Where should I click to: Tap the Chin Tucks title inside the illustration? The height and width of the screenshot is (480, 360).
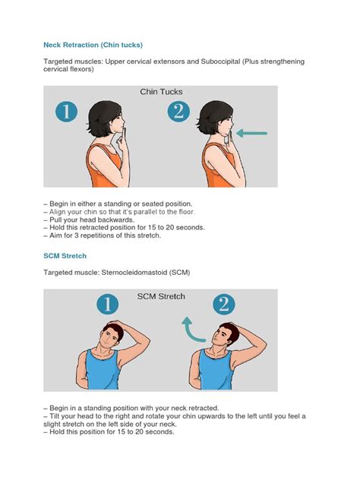pos(160,92)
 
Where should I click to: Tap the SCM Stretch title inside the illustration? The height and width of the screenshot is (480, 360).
pos(160,296)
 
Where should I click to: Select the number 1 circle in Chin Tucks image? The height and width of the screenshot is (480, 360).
pos(67,112)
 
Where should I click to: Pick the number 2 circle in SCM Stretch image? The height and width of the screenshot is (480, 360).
pos(224,305)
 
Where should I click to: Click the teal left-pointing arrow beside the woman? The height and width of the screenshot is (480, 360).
pos(251,134)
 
